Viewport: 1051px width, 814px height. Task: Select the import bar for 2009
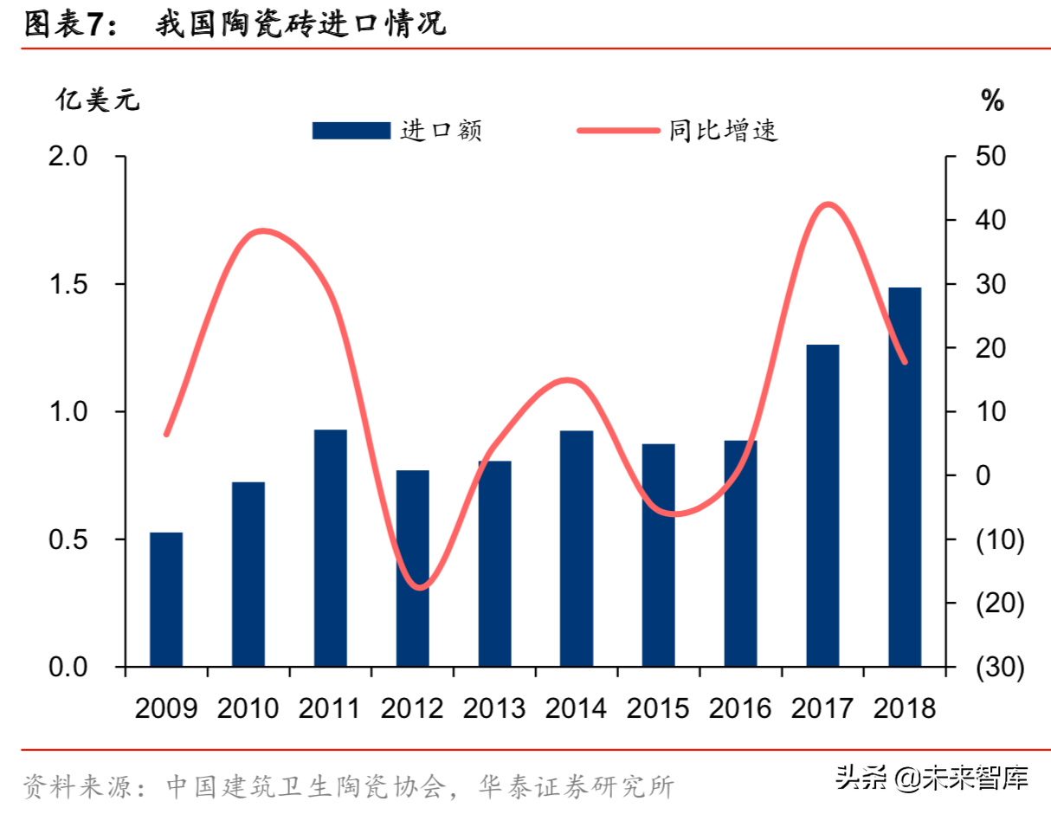166,599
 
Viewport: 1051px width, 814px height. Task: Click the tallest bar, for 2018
904,476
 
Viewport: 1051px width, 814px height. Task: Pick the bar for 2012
412,568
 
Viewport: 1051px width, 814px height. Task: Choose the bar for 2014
577,548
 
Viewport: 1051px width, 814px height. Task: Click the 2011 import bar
330,547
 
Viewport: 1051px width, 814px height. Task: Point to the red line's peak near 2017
828,205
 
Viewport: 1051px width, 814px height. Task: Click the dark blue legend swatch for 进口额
351,131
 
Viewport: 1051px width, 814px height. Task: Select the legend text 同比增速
723,131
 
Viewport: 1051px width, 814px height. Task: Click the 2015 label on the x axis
658,708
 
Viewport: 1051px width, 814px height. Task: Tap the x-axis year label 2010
248,708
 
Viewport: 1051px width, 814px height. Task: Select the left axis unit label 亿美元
97,100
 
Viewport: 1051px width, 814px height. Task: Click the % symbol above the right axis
992,101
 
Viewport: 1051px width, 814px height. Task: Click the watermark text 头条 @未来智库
932,778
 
